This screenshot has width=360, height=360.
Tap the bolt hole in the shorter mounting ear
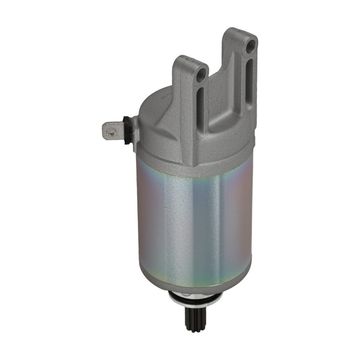tap(201, 75)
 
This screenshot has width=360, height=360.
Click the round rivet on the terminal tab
tap(112, 131)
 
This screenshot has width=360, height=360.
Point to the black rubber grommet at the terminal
tap(127, 130)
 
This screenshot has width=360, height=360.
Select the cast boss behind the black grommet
tap(135, 133)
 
